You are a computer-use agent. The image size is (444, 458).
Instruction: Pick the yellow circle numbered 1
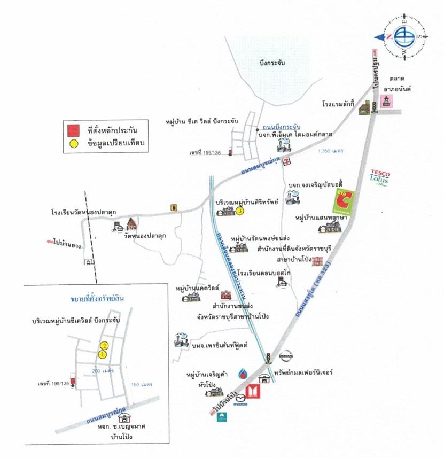[x=102, y=353]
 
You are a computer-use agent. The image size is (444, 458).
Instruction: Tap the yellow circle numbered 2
[x=105, y=345]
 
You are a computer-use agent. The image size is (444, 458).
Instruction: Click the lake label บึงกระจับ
[x=271, y=63]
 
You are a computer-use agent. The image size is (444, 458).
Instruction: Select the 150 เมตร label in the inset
[x=142, y=384]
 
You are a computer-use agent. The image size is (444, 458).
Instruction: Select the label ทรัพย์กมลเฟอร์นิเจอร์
[x=302, y=371]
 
